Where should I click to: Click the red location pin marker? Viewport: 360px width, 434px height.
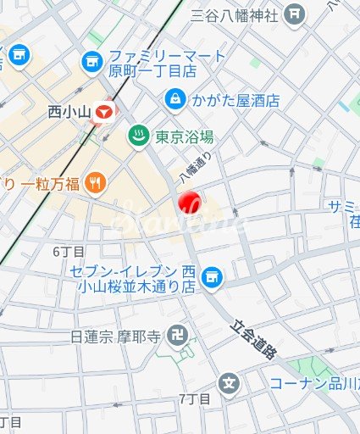coord(187,203)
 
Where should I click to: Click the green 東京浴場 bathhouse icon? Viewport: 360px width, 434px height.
coord(136,136)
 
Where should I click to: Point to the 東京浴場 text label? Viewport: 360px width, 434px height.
coord(183,136)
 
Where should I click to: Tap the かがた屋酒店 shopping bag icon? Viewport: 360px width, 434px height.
coord(174,98)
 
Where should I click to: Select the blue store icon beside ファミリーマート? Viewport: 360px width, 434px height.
coord(91,62)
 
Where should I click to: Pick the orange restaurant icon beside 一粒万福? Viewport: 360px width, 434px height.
coord(96,181)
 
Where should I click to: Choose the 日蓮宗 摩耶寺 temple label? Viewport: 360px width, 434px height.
coord(115,337)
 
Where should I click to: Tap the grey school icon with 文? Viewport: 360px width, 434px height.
coord(229,383)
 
